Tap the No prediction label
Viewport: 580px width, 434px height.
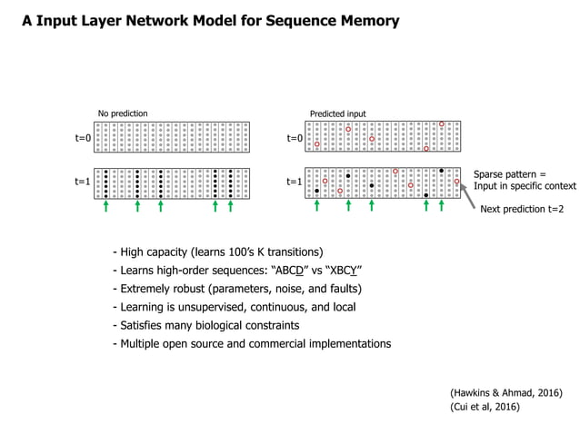(123, 113)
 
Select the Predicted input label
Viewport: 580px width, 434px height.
(337, 113)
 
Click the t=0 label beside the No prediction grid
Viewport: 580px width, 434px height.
(83, 138)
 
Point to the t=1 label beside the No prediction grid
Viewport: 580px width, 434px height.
(83, 182)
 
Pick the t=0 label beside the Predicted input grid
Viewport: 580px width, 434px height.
(295, 138)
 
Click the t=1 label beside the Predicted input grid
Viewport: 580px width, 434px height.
(295, 182)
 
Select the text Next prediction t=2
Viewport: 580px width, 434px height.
(522, 209)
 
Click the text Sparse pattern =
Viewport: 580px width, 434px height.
(509, 173)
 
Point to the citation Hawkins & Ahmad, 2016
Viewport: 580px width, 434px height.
(506, 392)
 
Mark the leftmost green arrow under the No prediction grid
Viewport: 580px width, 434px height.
(106, 207)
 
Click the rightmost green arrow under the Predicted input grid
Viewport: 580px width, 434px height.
(441, 207)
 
